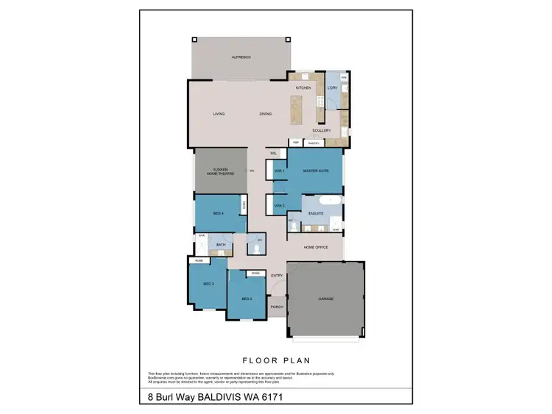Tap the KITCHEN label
[x=303, y=88]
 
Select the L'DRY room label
[x=332, y=88]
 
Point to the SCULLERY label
[x=321, y=131]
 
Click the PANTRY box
[x=314, y=143]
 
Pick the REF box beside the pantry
[x=296, y=143]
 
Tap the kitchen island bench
[x=297, y=110]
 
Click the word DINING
[x=266, y=114]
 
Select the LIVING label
[x=219, y=114]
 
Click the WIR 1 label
[x=279, y=171]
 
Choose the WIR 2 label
[x=279, y=205]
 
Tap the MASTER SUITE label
[x=316, y=171]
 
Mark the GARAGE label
[x=326, y=299]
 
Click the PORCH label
[x=277, y=307]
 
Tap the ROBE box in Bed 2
[x=255, y=274]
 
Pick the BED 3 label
[x=208, y=284]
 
